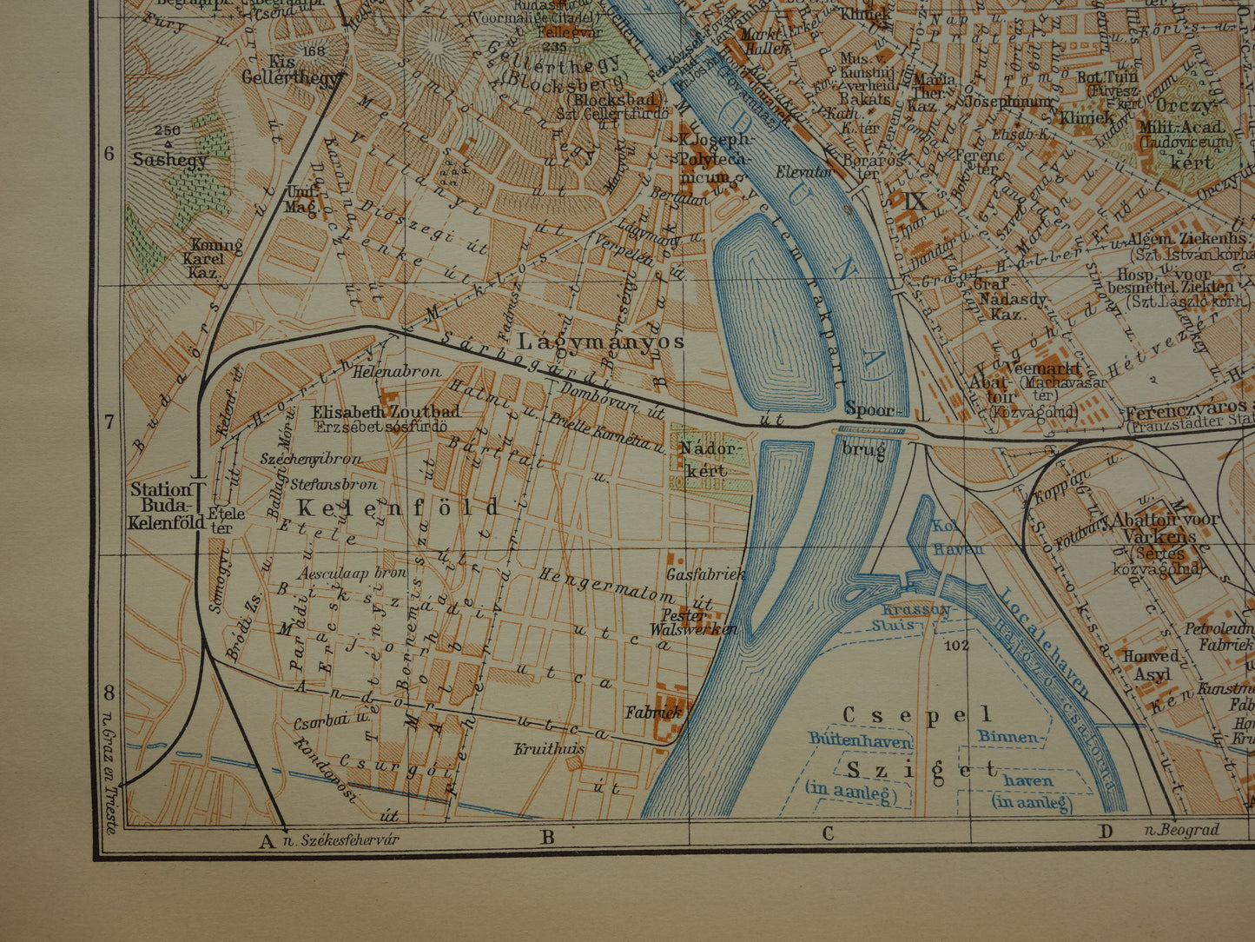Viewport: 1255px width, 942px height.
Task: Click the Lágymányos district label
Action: (602, 341)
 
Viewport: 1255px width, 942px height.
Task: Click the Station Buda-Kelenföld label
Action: (165, 506)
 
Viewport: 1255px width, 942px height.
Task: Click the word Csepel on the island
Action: (916, 715)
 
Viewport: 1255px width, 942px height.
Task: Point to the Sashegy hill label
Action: (170, 160)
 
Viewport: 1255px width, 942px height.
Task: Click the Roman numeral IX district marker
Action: (915, 202)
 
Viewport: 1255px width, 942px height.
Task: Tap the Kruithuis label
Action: (549, 747)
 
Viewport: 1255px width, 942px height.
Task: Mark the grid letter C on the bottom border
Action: (828, 833)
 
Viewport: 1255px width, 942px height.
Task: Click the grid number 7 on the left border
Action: (109, 422)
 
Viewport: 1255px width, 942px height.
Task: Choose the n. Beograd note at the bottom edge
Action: (1181, 830)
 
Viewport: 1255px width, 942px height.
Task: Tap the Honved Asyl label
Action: (1150, 665)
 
